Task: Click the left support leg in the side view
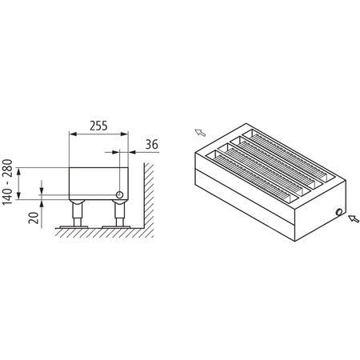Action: click(79, 212)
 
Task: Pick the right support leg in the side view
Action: click(119, 212)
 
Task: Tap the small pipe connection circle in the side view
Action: click(120, 194)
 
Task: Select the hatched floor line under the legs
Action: click(96, 231)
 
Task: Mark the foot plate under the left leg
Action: click(79, 226)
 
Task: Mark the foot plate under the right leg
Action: click(119, 226)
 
